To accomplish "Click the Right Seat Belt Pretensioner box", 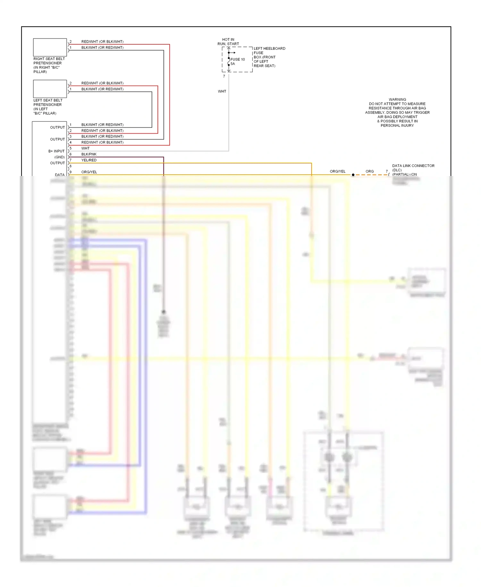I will (x=50, y=47).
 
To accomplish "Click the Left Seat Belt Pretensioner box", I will (x=50, y=89).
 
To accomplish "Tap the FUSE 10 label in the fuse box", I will (x=238, y=59).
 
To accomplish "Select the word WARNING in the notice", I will (x=397, y=100).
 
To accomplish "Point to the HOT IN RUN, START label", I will (x=228, y=42).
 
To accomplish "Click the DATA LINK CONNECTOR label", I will (x=413, y=166).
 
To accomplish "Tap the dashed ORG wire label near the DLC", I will (x=369, y=171).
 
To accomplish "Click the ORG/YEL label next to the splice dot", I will (x=337, y=171).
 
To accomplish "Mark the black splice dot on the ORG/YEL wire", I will (x=353, y=175).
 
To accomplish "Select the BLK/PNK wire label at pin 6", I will (x=89, y=154).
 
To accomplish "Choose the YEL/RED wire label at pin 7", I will (x=89, y=160).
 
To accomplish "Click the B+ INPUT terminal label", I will (x=56, y=151).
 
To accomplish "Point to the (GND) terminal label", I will (x=59, y=157).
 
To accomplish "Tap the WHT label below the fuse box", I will (x=222, y=92).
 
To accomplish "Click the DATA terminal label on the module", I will (x=60, y=175).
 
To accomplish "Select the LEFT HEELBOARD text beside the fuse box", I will (x=269, y=48).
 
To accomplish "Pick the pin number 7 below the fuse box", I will (x=224, y=76).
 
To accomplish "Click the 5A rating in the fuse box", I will (x=232, y=64).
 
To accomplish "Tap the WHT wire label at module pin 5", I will (x=85, y=148).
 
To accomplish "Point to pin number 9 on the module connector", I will (x=71, y=172).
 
